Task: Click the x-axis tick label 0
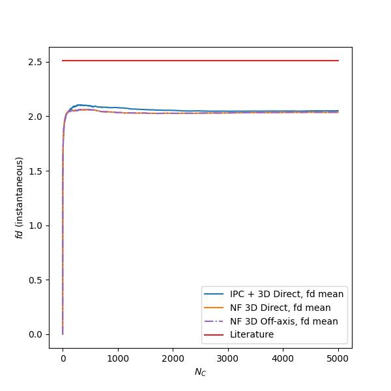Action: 63,358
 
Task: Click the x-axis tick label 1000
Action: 118,358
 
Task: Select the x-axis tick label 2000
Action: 173,358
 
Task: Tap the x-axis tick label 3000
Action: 228,358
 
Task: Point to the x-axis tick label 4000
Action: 283,358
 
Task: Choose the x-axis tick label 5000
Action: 338,358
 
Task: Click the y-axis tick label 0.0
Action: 35,334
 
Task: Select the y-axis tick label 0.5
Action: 35,280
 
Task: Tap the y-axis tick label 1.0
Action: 35,225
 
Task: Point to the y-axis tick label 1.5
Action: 35,171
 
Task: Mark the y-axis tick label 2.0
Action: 35,117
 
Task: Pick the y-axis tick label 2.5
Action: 35,62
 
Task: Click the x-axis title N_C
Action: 200,371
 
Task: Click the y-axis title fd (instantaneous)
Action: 20,197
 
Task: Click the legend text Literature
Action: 251,334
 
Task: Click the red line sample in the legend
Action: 214,335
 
